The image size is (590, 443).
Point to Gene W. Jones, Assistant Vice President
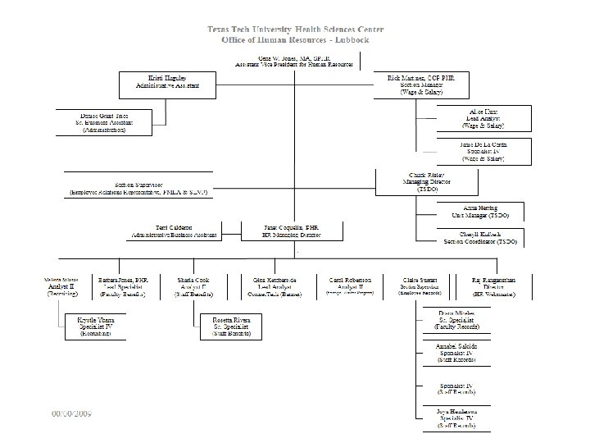point(294,61)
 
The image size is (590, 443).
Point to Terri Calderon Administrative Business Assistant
point(174,231)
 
